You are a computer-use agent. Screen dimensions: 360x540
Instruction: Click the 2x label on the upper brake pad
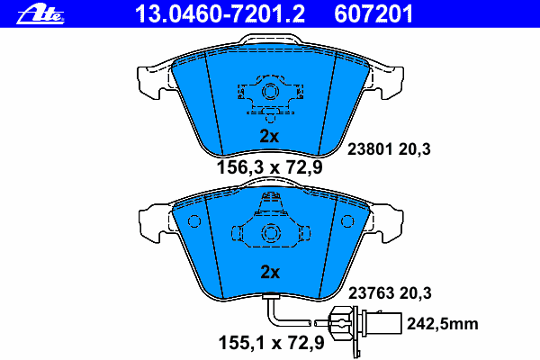pos(270,136)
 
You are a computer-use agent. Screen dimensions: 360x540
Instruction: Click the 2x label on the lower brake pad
pos(270,271)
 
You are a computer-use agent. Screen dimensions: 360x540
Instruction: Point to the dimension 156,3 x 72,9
pos(269,166)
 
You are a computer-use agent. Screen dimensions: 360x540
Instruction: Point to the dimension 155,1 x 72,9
pos(269,342)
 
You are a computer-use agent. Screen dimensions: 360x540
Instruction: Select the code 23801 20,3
pos(390,150)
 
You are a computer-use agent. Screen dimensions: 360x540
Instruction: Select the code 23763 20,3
pos(390,292)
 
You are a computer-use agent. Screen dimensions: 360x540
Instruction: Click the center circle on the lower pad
pos(270,231)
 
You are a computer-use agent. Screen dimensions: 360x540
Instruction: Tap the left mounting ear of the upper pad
pos(148,80)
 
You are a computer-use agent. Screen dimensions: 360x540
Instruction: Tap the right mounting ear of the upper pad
pos(392,80)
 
